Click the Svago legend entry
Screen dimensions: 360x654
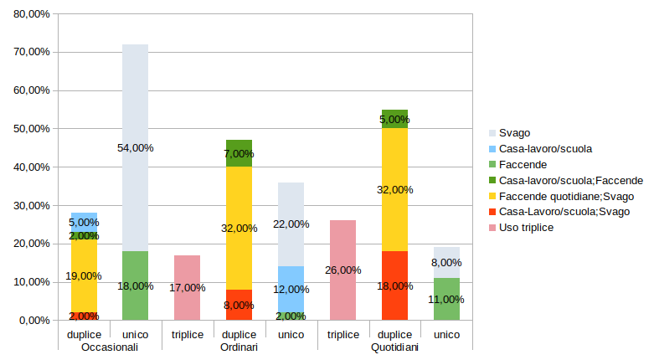[514, 132]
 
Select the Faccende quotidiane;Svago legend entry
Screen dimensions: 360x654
[566, 196]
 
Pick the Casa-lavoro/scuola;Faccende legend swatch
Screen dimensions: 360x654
[492, 180]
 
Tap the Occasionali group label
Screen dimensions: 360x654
[109, 347]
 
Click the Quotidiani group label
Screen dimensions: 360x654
[394, 347]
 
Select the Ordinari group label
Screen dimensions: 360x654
[239, 347]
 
